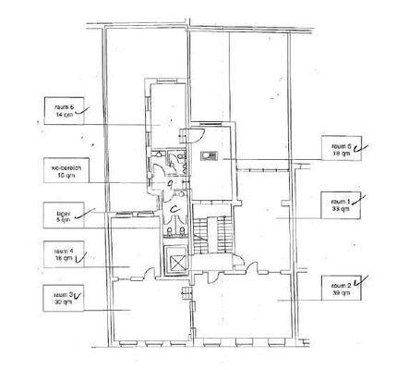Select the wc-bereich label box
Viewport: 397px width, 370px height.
[x=66, y=170]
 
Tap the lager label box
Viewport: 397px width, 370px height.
[x=66, y=216]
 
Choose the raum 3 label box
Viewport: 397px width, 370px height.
[x=66, y=298]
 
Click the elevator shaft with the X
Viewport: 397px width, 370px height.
[x=174, y=262]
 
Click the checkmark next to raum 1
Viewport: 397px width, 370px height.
[x=359, y=197]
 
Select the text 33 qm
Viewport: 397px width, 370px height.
[x=341, y=210]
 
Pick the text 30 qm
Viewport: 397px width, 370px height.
[x=61, y=303]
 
